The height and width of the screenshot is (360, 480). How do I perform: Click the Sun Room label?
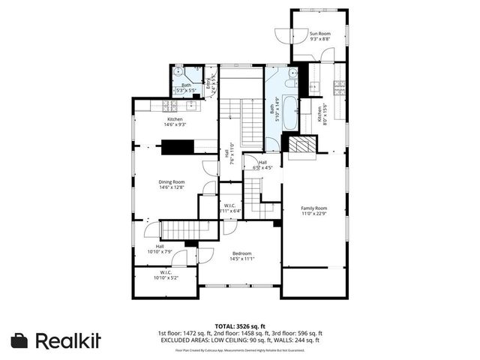(x=321, y=33)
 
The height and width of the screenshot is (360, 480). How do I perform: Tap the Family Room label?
(x=315, y=208)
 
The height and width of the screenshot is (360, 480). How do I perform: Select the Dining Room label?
(x=171, y=182)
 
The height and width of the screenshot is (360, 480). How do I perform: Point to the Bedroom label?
(x=242, y=253)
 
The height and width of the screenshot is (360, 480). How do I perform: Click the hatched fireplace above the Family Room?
(x=302, y=145)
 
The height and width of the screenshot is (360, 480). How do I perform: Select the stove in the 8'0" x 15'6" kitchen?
(x=339, y=84)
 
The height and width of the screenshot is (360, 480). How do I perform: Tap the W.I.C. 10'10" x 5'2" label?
(x=166, y=275)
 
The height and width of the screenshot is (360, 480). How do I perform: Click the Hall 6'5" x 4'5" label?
(x=262, y=165)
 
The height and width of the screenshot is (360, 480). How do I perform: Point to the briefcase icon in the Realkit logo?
(x=19, y=340)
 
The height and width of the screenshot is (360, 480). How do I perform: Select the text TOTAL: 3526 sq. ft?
(x=241, y=326)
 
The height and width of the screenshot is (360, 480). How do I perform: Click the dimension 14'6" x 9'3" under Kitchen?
(x=175, y=124)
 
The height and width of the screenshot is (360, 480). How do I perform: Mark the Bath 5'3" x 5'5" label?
(x=186, y=87)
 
